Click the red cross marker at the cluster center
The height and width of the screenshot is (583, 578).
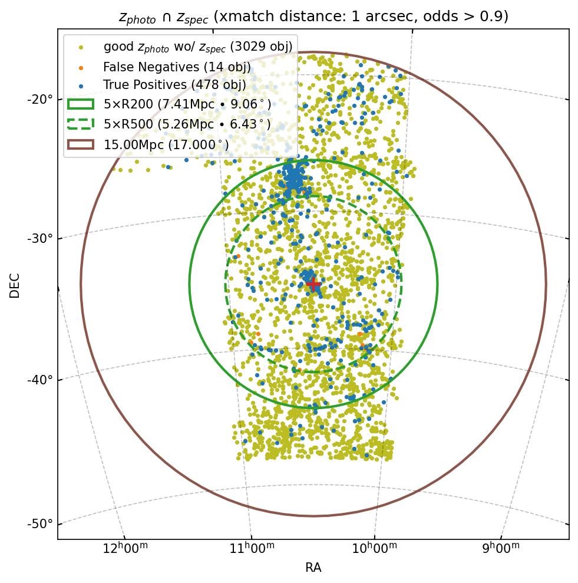pyautogui.click(x=313, y=285)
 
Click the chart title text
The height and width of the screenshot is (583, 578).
pyautogui.click(x=313, y=17)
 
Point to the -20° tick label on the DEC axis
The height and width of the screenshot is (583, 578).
pyautogui.click(x=40, y=98)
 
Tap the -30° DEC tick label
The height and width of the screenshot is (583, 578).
pyautogui.click(x=40, y=238)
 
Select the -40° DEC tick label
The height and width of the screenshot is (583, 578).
pyautogui.click(x=40, y=379)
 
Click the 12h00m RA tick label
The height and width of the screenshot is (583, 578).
pyautogui.click(x=125, y=548)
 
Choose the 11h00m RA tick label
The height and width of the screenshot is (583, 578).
pyautogui.click(x=252, y=548)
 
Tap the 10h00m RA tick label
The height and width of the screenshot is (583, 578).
pyautogui.click(x=375, y=548)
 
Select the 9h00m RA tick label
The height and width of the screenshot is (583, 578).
pyautogui.click(x=501, y=548)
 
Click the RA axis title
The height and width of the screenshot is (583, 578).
pyautogui.click(x=313, y=568)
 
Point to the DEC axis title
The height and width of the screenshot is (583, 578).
pyautogui.click(x=15, y=285)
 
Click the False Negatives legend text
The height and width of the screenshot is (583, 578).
pyautogui.click(x=177, y=67)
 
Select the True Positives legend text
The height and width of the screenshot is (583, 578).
pyautogui.click(x=174, y=85)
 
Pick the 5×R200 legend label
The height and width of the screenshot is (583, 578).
pyautogui.click(x=187, y=105)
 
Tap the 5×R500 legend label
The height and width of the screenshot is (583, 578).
pyautogui.click(x=187, y=124)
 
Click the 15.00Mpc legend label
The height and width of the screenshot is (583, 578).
pyautogui.click(x=166, y=144)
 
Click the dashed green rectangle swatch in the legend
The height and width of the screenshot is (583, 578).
pyautogui.click(x=81, y=124)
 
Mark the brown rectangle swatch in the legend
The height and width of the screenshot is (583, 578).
pyautogui.click(x=81, y=144)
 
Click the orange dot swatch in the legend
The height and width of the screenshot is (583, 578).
pyautogui.click(x=81, y=67)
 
